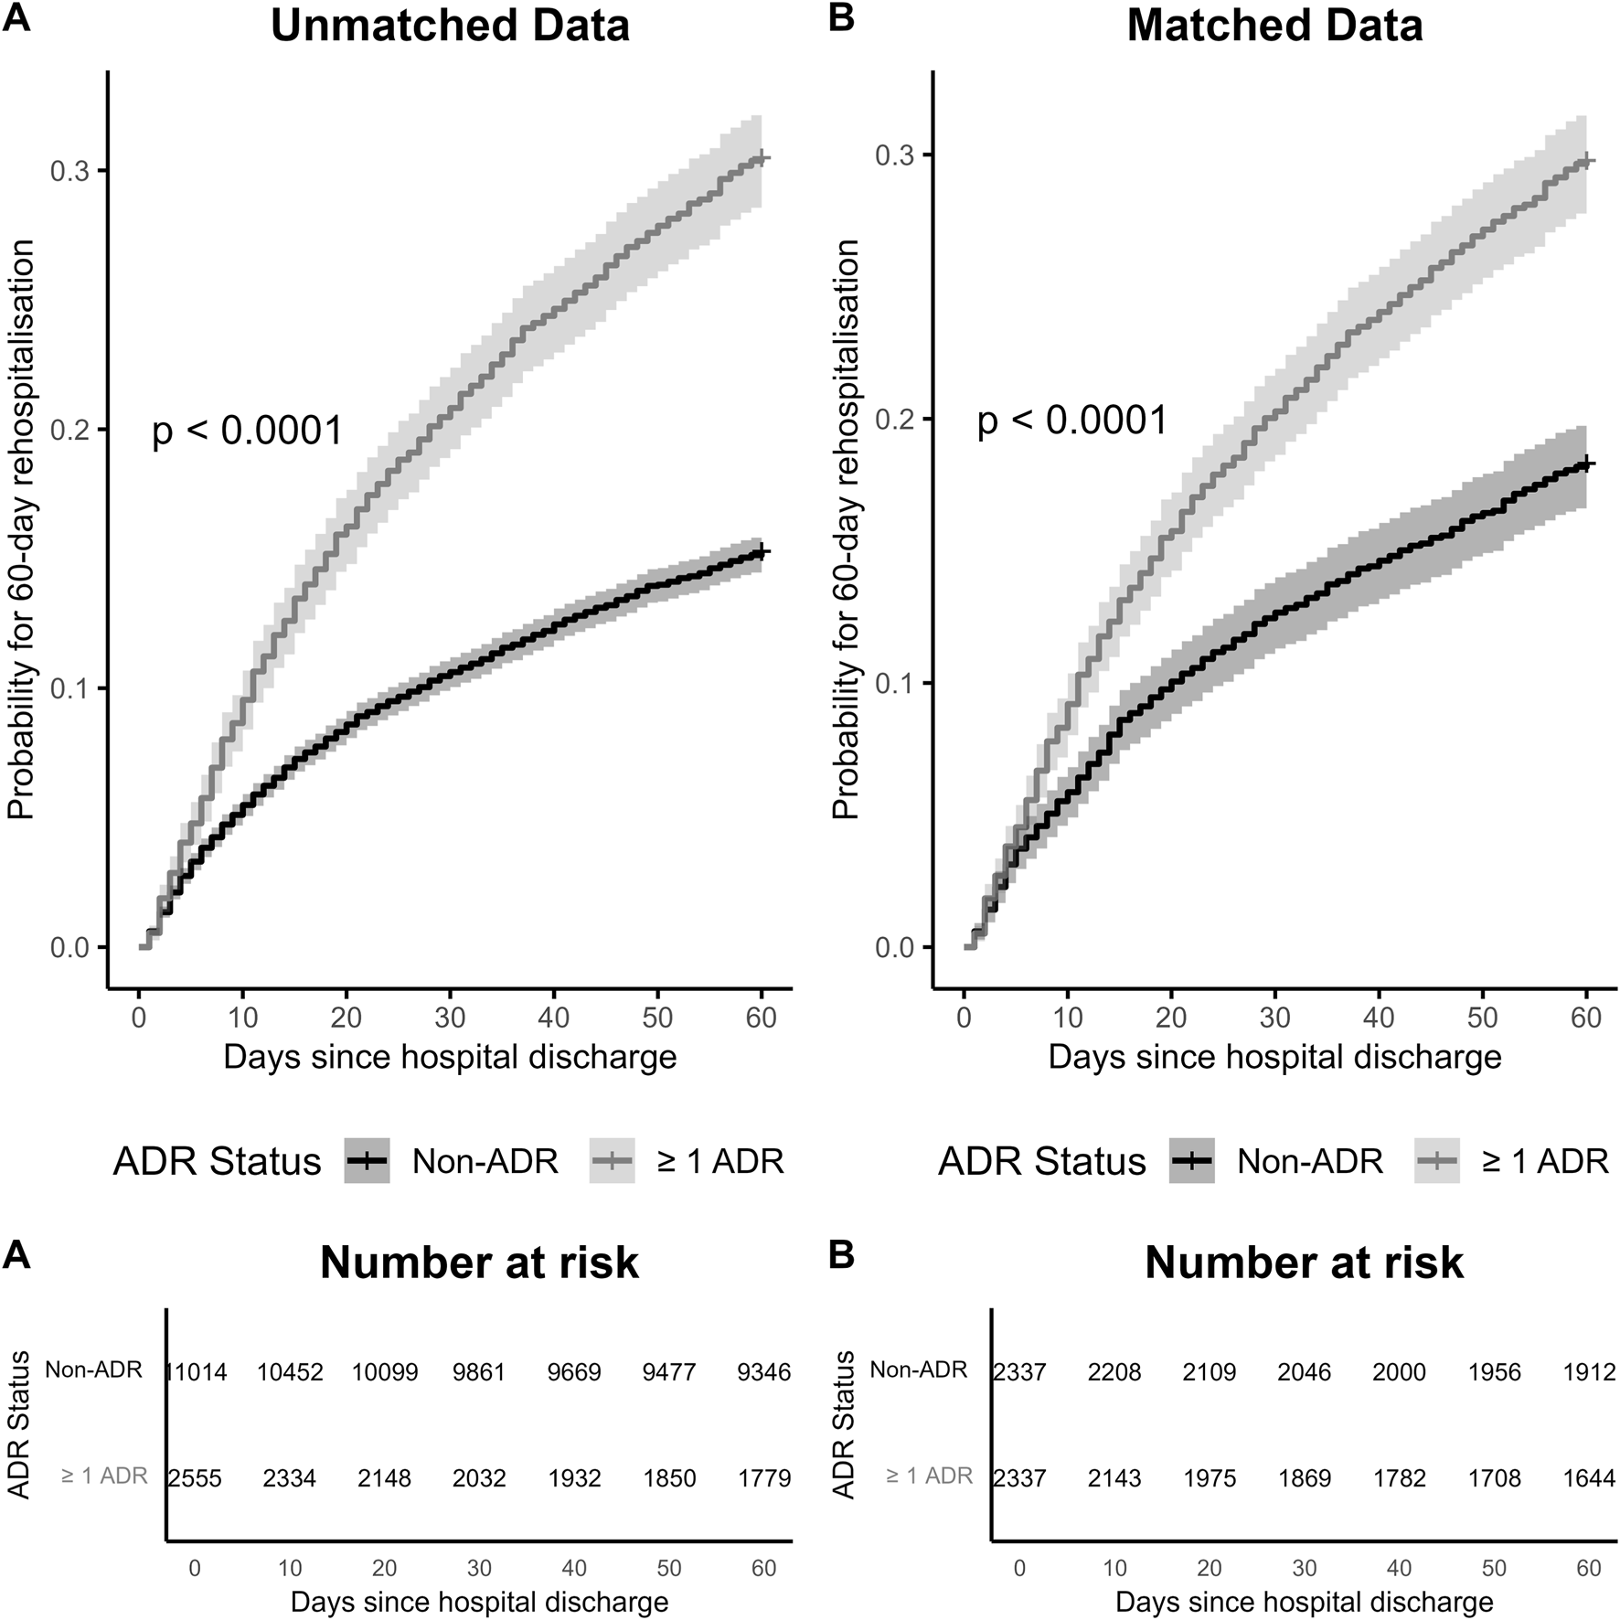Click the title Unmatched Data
pyautogui.click(x=450, y=26)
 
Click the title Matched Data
pyautogui.click(x=1274, y=26)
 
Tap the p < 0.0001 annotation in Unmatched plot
pyautogui.click(x=247, y=431)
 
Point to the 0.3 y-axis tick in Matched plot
pyautogui.click(x=897, y=155)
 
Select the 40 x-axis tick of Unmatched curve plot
pyautogui.click(x=554, y=1018)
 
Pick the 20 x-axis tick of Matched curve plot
pyautogui.click(x=1171, y=1018)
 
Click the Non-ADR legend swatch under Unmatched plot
pyautogui.click(x=368, y=1161)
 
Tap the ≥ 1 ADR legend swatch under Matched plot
pyautogui.click(x=1436, y=1161)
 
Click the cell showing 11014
pyautogui.click(x=196, y=1373)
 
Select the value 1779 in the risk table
pyautogui.click(x=763, y=1478)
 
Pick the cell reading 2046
pyautogui.click(x=1304, y=1373)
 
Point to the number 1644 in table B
pyautogui.click(x=1588, y=1478)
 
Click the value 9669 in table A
pyautogui.click(x=574, y=1373)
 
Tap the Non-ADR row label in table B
pyautogui.click(x=918, y=1370)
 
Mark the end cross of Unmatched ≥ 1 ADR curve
pyautogui.click(x=762, y=159)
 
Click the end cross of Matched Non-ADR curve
pyautogui.click(x=1586, y=464)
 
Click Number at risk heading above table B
pyautogui.click(x=1304, y=1263)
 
